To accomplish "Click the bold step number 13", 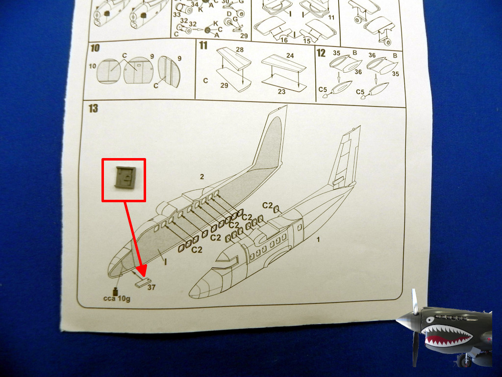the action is (93, 108).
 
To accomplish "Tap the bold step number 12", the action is (321, 53).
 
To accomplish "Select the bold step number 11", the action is (203, 46).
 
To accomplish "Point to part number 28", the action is (239, 50).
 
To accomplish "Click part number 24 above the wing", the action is (290, 55).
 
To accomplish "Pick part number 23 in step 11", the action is (281, 92).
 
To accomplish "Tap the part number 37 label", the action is (151, 287).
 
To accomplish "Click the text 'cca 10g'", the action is (117, 299).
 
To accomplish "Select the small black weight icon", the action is (115, 292).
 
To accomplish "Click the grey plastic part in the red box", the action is (125, 177).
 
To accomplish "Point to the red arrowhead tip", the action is (144, 276).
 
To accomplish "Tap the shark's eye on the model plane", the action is (430, 320).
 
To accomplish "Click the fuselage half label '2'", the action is (201, 177).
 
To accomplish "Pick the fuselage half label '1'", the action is (318, 240).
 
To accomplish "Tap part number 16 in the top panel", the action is (284, 40).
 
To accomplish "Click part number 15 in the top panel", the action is (307, 41).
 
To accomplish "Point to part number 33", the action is (176, 14).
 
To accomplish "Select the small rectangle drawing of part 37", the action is (143, 283).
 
